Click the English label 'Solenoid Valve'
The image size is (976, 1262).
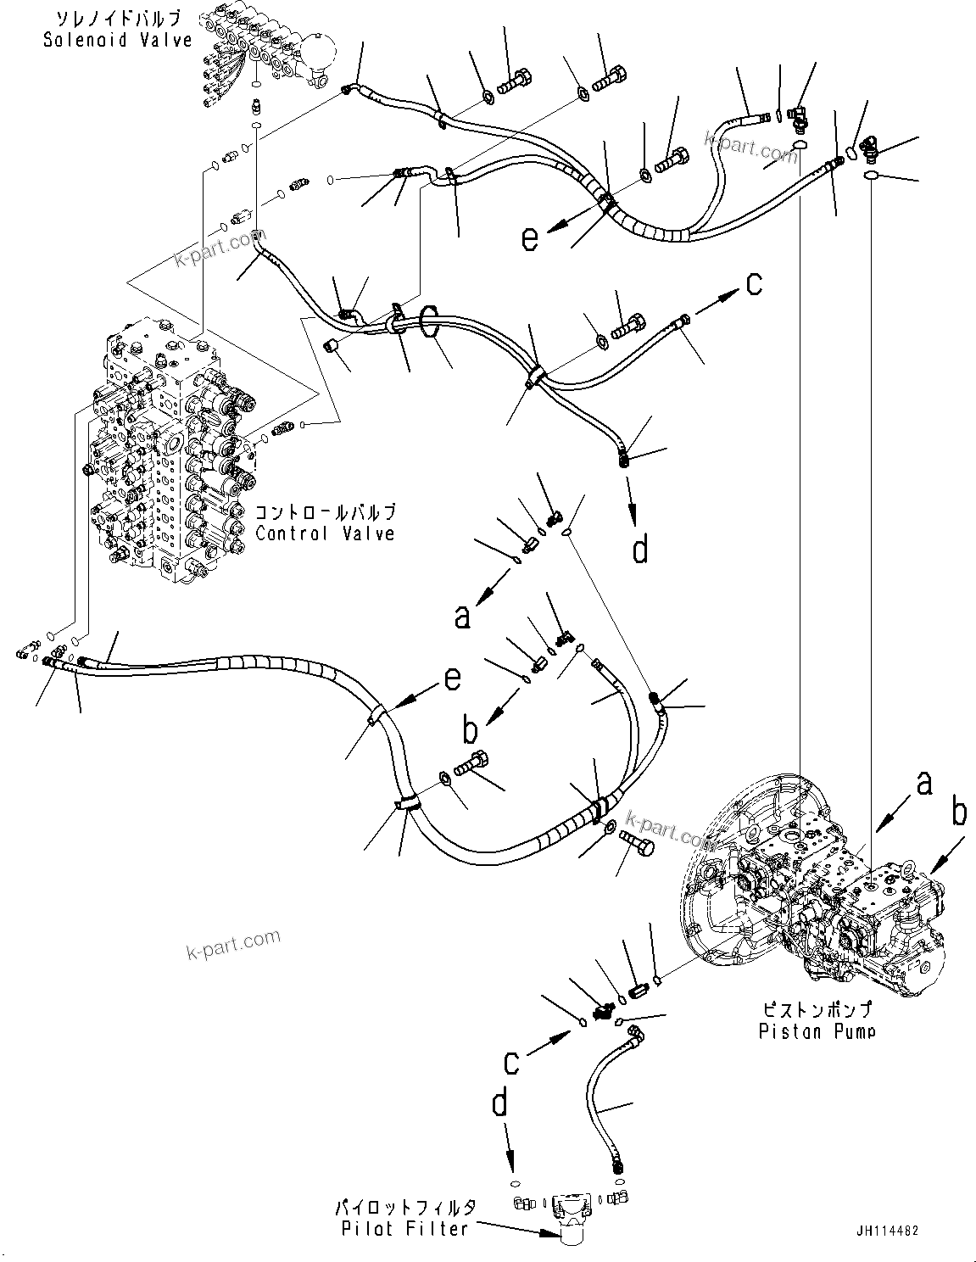point(118,40)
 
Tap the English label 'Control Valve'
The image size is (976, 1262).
point(326,533)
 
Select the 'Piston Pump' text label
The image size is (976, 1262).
point(817,1031)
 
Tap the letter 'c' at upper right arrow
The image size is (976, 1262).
point(754,285)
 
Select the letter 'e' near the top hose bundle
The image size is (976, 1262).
point(530,239)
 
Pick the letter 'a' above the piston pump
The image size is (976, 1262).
point(924,782)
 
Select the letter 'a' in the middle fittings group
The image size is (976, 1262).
point(461,617)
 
